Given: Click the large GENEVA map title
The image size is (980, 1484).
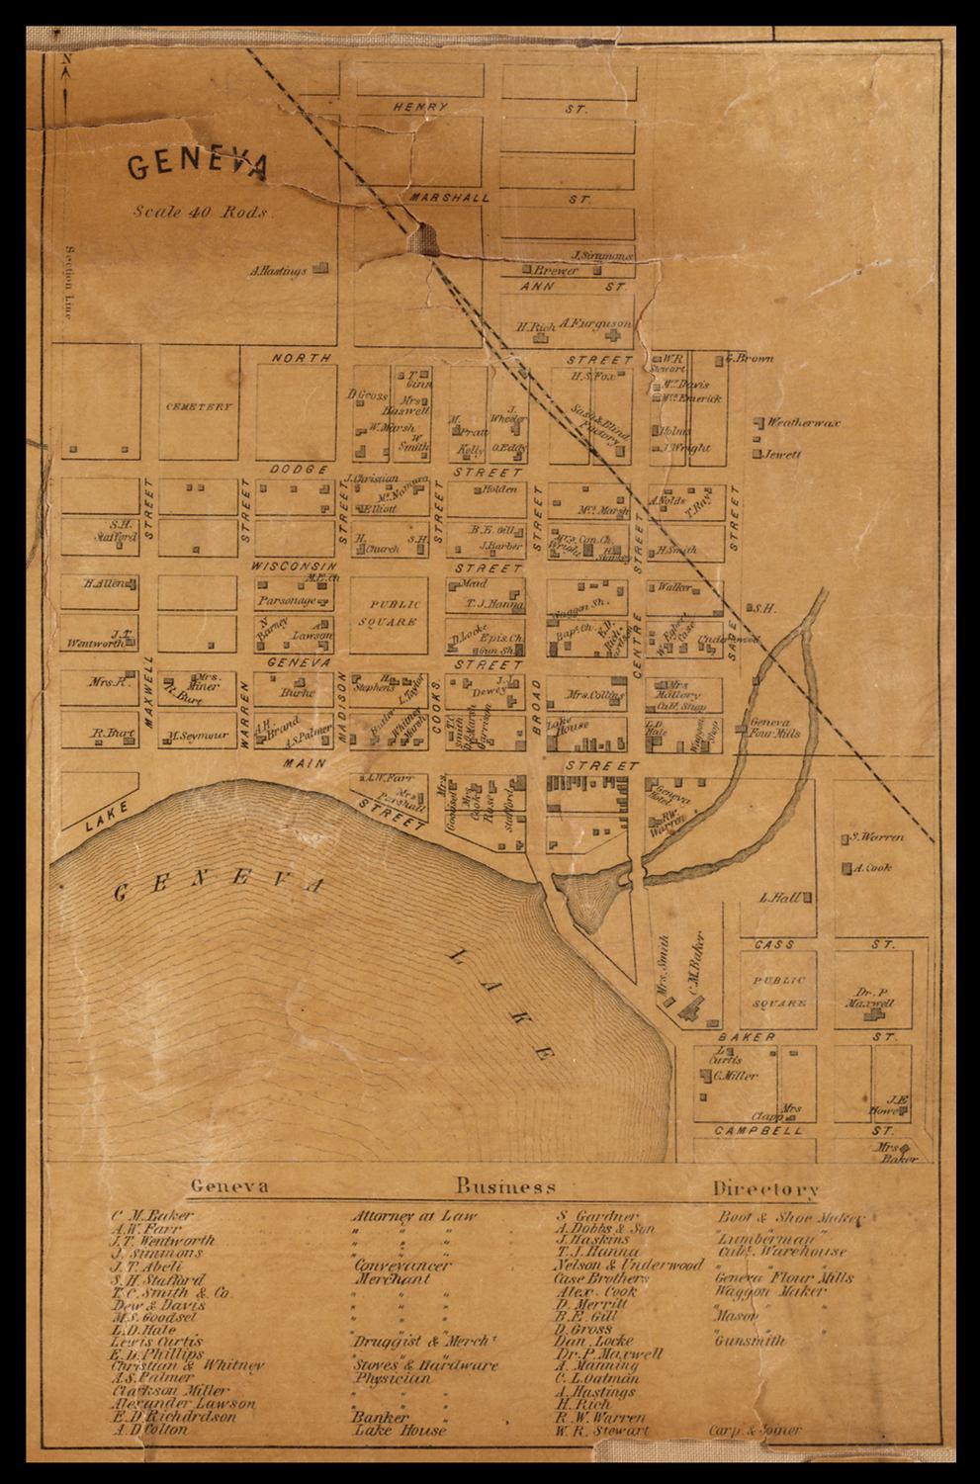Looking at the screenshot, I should click(x=197, y=165).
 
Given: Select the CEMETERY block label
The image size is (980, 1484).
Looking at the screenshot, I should click(x=198, y=406).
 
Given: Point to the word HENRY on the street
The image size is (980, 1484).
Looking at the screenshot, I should click(x=419, y=107).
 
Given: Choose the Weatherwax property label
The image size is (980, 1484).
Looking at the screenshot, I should click(x=803, y=422).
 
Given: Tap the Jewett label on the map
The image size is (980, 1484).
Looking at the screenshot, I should click(x=781, y=455).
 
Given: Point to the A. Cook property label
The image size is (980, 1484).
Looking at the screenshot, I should click(x=872, y=868).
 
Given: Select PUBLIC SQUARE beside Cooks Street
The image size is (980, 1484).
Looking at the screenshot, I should click(x=394, y=613).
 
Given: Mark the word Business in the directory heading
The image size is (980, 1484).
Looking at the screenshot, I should click(x=505, y=1186).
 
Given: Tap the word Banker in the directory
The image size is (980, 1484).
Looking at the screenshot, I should click(x=381, y=1417).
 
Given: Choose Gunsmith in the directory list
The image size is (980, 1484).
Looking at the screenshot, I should click(x=750, y=1342).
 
